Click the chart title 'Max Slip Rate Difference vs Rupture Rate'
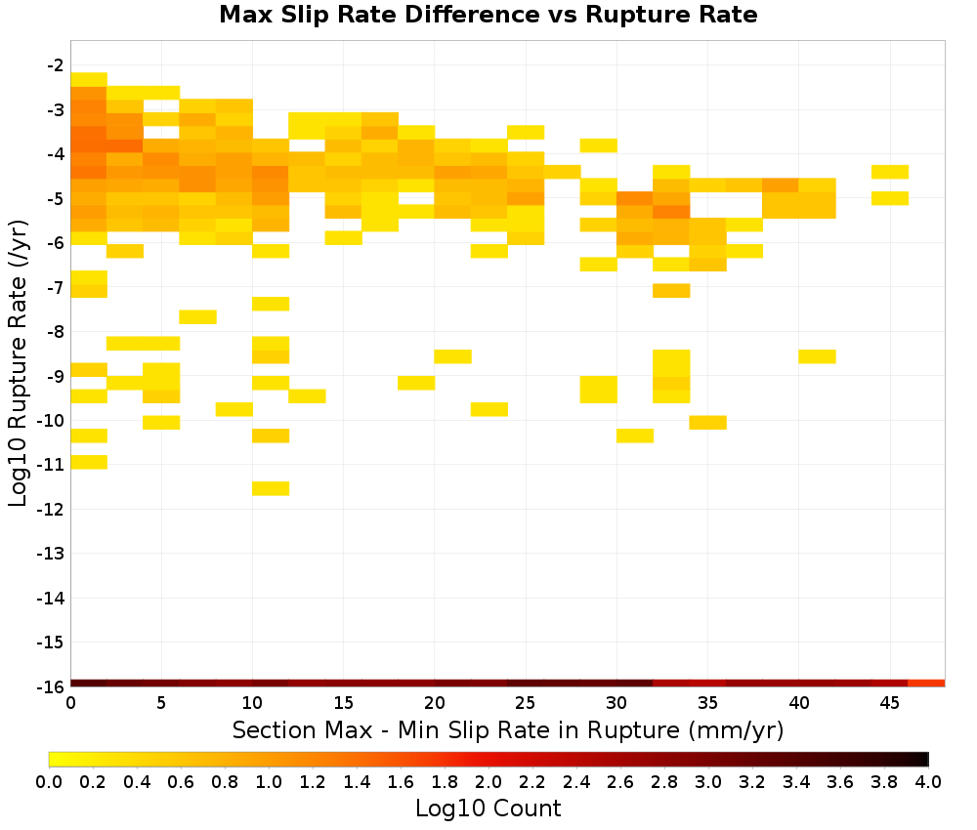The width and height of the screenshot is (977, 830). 488,15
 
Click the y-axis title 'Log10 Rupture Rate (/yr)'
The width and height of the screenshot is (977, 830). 18,363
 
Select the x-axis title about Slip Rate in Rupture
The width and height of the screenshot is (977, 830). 508,729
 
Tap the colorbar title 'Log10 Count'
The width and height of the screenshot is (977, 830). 488,809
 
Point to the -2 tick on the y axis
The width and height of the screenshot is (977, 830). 56,65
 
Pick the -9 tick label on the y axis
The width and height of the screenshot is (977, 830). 56,376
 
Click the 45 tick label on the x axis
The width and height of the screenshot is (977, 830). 890,703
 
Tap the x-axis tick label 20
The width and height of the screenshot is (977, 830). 435,703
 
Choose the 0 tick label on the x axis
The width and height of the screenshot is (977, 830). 71,703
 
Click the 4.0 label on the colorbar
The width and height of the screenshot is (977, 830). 928,781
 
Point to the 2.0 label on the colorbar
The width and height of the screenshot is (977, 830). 488,781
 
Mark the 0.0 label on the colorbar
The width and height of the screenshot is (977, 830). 49,781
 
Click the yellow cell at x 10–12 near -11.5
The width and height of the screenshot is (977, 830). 271,489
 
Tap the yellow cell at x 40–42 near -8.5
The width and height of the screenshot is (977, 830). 817,356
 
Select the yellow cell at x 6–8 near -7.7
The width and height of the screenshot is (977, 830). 198,317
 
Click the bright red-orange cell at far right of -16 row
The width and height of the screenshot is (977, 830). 926,684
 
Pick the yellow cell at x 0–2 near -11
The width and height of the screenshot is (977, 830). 89,462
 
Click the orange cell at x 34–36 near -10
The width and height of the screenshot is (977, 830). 707,422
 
